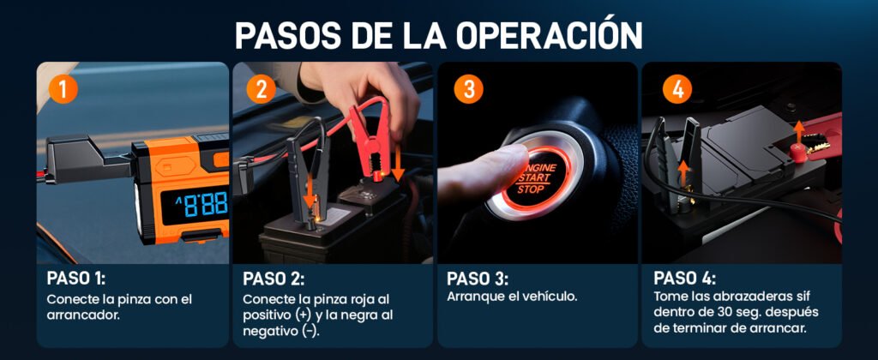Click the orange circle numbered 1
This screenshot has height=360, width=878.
pos(63,90)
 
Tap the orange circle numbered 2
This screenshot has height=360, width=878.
pos(261,90)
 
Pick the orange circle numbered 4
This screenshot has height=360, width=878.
pos(677,90)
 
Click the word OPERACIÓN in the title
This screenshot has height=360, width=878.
pos(549,35)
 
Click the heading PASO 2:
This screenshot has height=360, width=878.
pos(274,279)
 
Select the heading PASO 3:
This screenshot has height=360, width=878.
pos(478,279)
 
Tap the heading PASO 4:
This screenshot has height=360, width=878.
pos(685,279)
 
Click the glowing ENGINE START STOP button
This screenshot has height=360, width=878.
pos(536,177)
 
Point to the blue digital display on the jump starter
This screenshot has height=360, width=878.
pos(195,203)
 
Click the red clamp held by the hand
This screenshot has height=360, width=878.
pos(370,141)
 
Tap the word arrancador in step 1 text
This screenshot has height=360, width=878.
pos(83,315)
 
